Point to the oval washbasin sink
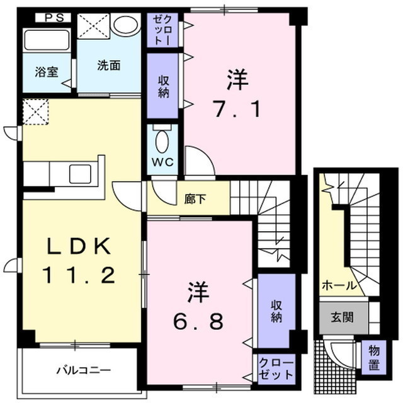(x=127, y=26)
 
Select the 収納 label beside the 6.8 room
(x=276, y=310)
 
